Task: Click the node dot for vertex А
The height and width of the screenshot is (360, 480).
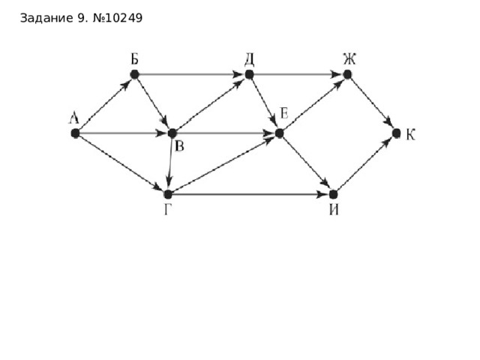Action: [x=75, y=133]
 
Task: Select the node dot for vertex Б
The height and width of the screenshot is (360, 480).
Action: [x=134, y=74]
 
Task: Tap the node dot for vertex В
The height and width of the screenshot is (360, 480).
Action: [x=172, y=133]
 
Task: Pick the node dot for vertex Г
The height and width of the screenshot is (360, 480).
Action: [x=168, y=194]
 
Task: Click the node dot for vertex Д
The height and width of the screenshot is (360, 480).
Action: [x=249, y=74]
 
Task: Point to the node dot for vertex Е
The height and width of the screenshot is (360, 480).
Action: [x=279, y=133]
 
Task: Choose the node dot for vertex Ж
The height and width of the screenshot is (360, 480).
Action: [x=347, y=74]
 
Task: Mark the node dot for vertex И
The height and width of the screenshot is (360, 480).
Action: [x=333, y=194]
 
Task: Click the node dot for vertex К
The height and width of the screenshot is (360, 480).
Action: [x=396, y=133]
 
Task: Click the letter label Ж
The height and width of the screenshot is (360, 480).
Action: [x=349, y=59]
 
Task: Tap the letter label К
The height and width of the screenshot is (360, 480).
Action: [x=410, y=134]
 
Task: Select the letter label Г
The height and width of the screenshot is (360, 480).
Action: [x=167, y=210]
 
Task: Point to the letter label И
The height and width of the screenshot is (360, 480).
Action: [x=334, y=210]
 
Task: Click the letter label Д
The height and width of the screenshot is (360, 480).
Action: [x=249, y=60]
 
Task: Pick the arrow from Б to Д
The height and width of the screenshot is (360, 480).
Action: [x=192, y=74]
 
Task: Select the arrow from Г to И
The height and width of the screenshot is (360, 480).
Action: [x=250, y=194]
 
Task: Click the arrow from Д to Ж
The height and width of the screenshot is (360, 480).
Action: [x=298, y=74]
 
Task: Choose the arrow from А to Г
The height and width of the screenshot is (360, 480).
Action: [x=121, y=163]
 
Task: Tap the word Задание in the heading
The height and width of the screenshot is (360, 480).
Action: [x=46, y=18]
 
